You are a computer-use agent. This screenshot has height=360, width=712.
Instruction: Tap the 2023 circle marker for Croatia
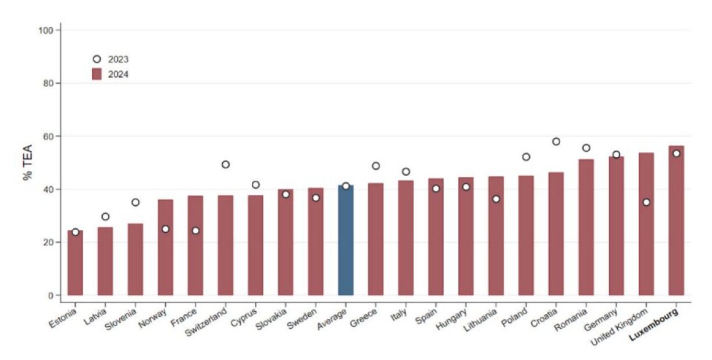556,141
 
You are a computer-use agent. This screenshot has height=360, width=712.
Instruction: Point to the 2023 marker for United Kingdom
646,202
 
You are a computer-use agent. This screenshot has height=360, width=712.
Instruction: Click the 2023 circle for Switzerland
226,165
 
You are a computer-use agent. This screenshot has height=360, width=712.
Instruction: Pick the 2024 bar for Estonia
75,263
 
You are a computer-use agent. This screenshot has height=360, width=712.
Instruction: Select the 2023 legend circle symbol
97,59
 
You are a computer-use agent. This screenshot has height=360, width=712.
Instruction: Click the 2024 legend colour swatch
97,74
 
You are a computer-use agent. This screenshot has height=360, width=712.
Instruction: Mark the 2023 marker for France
195,231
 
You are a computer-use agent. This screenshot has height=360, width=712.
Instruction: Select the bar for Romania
586,227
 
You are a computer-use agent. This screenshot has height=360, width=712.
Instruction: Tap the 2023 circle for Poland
526,157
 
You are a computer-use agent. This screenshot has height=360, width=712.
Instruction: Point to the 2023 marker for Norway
165,229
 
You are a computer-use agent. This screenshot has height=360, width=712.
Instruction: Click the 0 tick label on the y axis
51,295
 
